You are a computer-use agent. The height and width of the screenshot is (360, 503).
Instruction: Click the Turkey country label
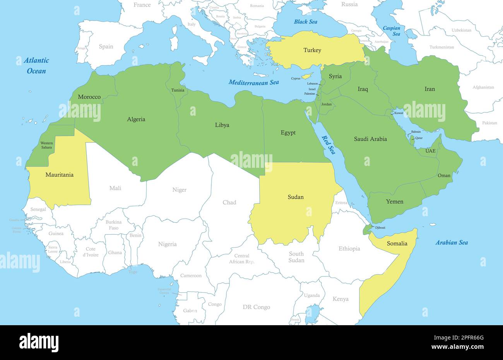click(312, 50)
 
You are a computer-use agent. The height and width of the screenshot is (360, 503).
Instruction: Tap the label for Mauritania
click(59, 175)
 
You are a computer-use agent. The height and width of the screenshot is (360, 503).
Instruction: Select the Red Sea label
click(328, 145)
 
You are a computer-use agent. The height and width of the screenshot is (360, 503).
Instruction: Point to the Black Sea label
click(305, 22)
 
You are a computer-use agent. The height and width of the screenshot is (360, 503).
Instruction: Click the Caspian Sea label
click(391, 31)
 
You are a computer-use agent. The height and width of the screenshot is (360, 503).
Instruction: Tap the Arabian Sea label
click(452, 243)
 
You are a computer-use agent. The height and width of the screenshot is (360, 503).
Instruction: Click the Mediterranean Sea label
click(253, 82)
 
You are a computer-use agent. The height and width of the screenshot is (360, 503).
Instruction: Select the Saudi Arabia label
click(370, 139)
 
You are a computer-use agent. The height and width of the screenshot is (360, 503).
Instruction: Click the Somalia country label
click(397, 243)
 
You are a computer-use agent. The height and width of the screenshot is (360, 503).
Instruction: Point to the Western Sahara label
click(46, 145)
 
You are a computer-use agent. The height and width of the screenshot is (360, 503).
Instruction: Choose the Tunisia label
click(178, 90)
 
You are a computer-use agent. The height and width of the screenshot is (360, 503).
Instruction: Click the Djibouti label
click(380, 227)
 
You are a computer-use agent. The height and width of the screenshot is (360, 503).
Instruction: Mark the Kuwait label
click(399, 113)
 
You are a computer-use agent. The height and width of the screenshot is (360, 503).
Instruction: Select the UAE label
click(430, 150)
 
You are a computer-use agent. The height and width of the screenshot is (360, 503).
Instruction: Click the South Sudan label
click(296, 257)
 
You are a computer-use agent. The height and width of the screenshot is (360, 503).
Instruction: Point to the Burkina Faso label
click(113, 225)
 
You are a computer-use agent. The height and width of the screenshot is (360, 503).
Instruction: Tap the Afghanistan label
click(483, 87)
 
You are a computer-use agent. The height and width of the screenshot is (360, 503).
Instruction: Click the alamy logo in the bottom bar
click(39, 342)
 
